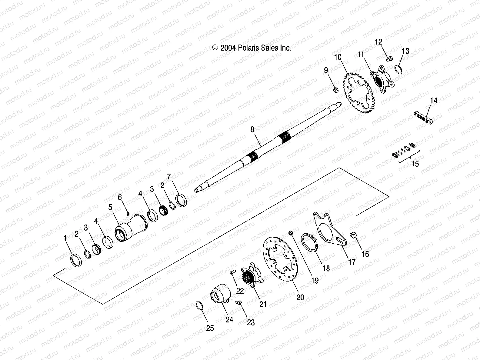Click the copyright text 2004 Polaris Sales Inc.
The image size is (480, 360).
pyautogui.click(x=252, y=48)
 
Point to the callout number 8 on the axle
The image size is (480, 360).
pyautogui.click(x=252, y=129)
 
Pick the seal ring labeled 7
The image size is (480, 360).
pyautogui.click(x=181, y=201)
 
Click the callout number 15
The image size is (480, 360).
pyautogui.click(x=415, y=164)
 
